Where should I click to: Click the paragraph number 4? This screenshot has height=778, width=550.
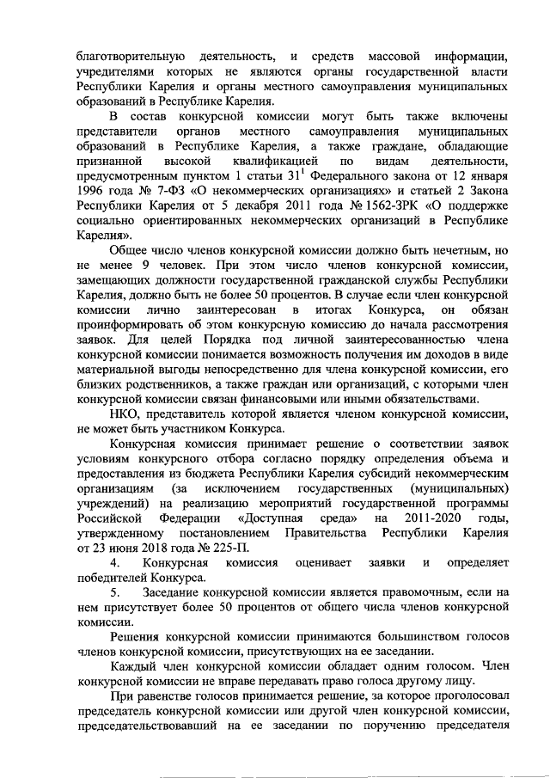click(x=113, y=561)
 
